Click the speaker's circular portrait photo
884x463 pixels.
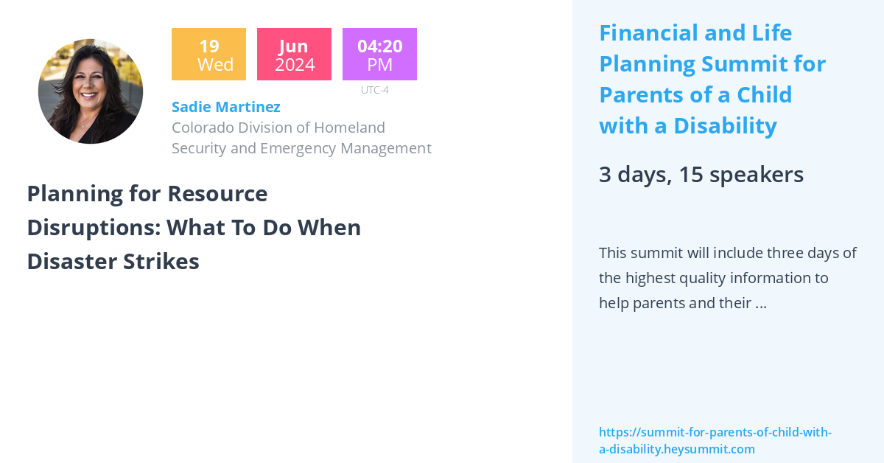(91, 91)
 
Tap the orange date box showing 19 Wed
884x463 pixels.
(208, 55)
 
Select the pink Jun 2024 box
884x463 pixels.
(294, 55)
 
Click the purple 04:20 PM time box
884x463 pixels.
(379, 55)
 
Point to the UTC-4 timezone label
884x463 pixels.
(374, 90)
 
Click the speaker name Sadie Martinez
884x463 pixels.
(225, 107)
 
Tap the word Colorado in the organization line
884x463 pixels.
(202, 128)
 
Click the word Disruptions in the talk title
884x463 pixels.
(88, 228)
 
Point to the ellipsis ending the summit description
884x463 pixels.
(761, 303)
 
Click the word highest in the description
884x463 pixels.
(654, 278)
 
